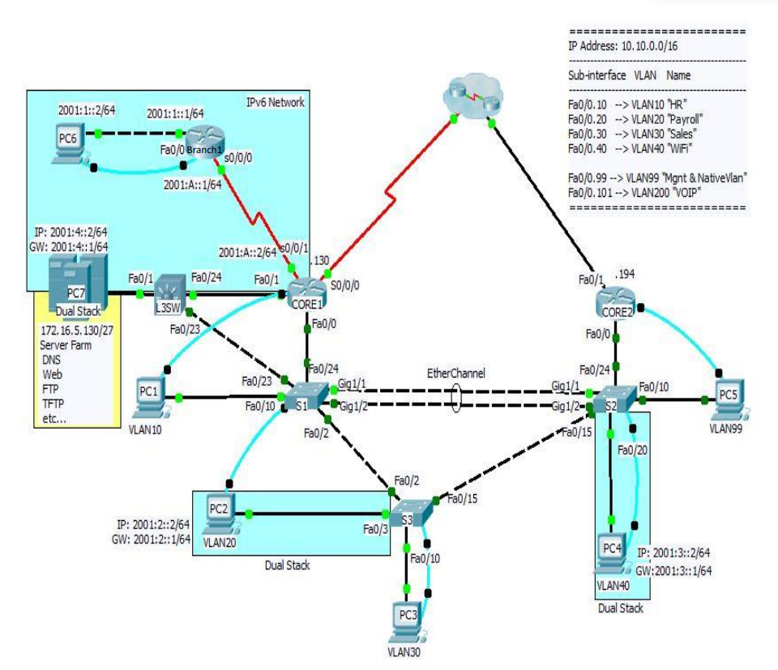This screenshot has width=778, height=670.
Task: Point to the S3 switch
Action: pos(408,514)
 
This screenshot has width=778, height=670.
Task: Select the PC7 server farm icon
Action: pos(75,280)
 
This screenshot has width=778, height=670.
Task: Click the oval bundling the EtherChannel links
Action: pos(456,398)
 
